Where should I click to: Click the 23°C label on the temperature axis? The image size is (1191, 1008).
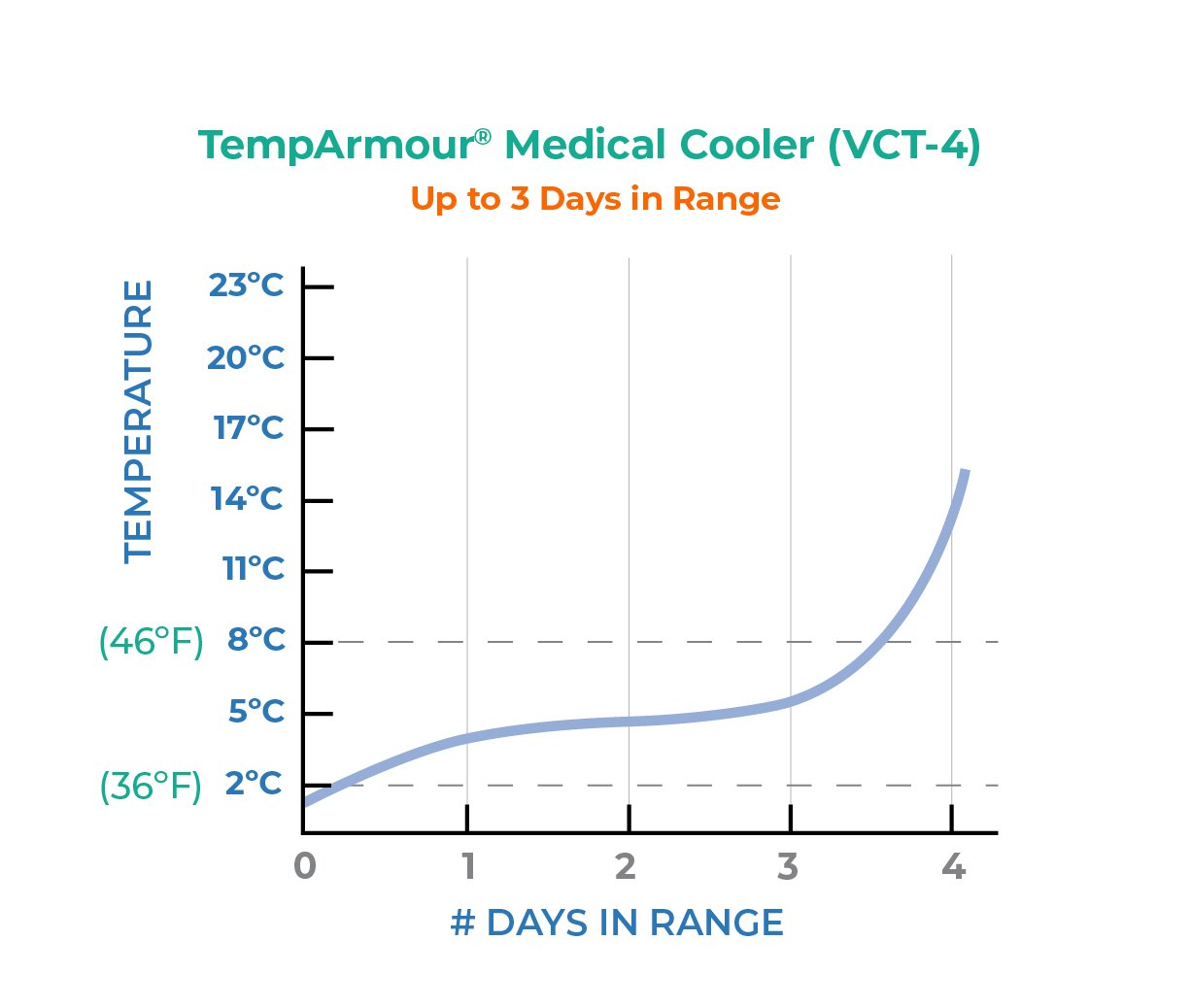coord(246,286)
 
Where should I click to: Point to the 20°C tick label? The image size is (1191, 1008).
coord(246,357)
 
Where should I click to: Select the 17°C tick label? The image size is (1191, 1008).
coord(249,427)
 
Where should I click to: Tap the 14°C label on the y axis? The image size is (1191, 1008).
coord(247,499)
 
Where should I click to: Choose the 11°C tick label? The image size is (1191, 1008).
coord(253,569)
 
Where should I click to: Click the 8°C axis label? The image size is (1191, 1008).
coord(255,641)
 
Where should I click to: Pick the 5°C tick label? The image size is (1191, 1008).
coord(256,712)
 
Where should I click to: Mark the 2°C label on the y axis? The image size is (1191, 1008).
coord(255,784)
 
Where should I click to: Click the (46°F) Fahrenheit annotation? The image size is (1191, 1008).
coord(152,642)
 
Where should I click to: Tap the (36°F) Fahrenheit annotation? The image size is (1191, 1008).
coord(152,786)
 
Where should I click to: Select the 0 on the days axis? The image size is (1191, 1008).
coord(305,865)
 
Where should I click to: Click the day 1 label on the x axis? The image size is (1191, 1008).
coord(467,865)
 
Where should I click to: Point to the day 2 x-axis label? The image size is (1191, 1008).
coord(627,865)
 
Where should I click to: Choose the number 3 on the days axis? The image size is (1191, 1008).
coord(788,865)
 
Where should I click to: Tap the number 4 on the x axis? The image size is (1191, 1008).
coord(953,865)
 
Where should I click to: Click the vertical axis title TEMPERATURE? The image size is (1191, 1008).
coord(139,421)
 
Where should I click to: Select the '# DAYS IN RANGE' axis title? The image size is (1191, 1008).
coord(617,923)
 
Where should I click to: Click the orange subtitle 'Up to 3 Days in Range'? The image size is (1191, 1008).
coord(595,198)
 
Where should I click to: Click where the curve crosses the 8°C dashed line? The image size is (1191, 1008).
coord(887,642)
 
